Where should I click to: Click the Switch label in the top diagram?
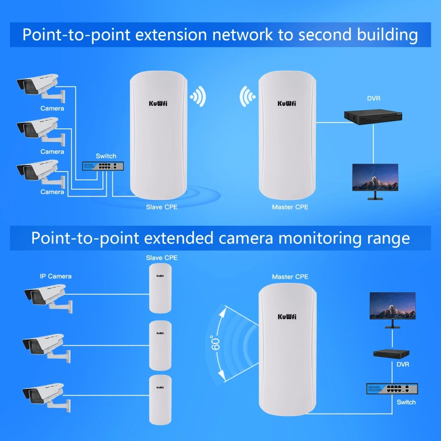coord(106,156)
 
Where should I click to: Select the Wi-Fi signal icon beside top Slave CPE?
coord(198,96)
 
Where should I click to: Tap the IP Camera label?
coord(56,276)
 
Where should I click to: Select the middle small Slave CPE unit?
coord(160,345)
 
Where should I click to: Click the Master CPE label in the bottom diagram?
coord(290,277)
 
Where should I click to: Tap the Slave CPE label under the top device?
coord(162,206)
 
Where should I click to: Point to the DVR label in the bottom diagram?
coord(403,365)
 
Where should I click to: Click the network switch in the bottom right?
coord(392,389)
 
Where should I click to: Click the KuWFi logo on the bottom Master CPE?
coord(287,317)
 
